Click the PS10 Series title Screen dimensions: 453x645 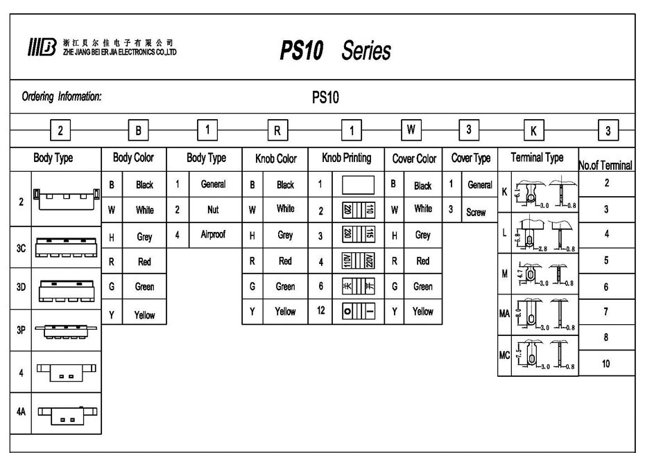(336, 51)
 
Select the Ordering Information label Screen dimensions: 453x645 (62, 97)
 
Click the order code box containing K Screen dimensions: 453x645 (533, 130)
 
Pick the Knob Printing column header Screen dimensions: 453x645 (346, 158)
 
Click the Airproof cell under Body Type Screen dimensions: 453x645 (213, 235)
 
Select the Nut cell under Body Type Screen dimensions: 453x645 (213, 209)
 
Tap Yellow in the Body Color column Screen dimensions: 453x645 (144, 314)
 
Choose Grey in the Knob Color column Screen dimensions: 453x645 (285, 236)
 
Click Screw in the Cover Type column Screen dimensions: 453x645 (476, 212)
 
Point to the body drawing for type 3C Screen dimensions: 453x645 (67, 248)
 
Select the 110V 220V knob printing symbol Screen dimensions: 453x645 (354, 262)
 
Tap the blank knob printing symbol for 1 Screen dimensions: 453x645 (354, 184)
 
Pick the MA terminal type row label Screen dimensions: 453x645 (504, 314)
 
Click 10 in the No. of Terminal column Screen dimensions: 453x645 (606, 364)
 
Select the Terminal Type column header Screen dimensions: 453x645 (537, 158)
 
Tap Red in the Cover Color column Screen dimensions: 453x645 (422, 262)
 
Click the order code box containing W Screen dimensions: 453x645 (411, 130)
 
